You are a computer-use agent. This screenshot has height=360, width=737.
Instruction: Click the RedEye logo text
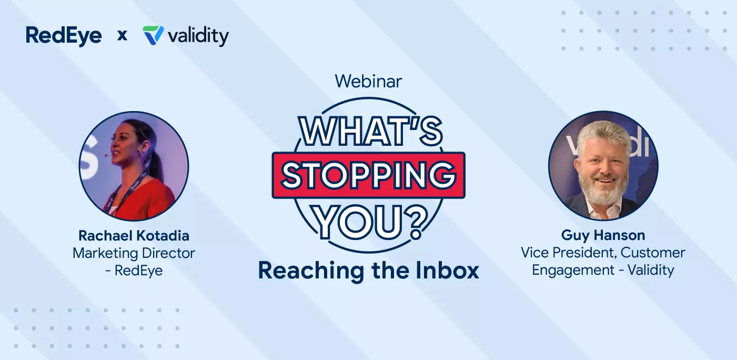pos(64,36)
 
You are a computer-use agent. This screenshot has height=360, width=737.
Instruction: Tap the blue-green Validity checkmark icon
pos(153,36)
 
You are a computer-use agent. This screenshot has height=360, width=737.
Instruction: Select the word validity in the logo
pos(198,36)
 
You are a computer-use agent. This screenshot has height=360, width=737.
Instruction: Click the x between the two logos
pos(122,36)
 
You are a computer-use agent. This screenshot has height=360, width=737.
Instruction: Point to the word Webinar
pos(368,81)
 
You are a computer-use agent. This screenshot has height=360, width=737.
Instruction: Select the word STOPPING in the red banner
pos(368,175)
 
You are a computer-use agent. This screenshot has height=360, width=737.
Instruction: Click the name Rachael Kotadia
pos(134,235)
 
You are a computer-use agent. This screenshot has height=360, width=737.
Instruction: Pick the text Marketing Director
pos(134,253)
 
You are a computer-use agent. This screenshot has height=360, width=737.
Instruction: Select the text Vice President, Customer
pos(603,253)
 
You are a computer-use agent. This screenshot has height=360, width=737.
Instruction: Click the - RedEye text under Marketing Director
pos(134,270)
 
